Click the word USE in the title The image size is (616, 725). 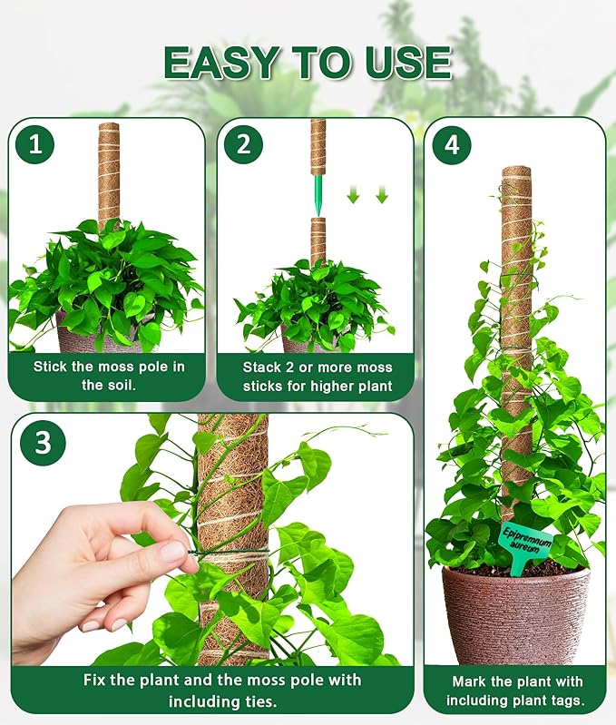(x=407, y=62)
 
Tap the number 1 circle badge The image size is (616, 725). (x=35, y=144)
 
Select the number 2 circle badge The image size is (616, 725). (x=243, y=144)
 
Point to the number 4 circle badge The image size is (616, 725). (x=451, y=144)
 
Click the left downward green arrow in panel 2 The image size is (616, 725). (x=354, y=194)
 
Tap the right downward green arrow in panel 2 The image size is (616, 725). (x=381, y=194)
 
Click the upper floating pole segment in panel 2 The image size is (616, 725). (x=318, y=147)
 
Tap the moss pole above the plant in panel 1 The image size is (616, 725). (x=109, y=172)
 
